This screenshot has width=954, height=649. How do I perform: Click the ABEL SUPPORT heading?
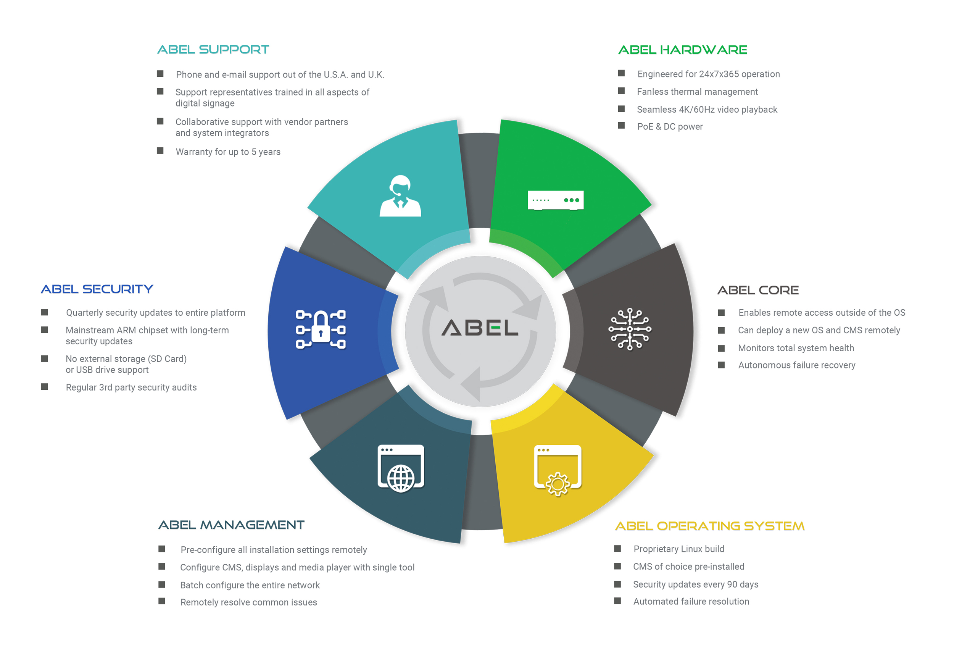point(213,50)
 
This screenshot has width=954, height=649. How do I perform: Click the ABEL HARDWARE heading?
point(682,50)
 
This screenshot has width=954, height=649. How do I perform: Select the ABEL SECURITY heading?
point(97,289)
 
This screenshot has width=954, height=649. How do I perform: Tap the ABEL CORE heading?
point(758,291)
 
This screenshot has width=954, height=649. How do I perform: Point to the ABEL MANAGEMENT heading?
point(232,525)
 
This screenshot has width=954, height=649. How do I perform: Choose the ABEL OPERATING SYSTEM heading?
point(710,526)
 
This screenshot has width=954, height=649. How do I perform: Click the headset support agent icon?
point(400,196)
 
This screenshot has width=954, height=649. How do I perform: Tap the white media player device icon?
point(555,200)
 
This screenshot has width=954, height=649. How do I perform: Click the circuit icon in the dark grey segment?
point(630,329)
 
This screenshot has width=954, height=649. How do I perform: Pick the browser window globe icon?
point(401,468)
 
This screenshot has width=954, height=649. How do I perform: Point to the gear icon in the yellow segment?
point(558,484)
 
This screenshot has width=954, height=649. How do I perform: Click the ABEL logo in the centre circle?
point(479,328)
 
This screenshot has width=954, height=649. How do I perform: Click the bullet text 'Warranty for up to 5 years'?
point(228,152)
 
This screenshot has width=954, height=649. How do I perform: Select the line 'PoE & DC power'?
point(670,126)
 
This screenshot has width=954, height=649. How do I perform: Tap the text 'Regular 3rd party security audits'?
point(131,387)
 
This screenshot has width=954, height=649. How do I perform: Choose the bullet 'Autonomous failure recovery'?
point(796,365)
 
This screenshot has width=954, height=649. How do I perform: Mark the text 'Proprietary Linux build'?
point(678,549)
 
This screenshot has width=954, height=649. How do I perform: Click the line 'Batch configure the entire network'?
point(250,585)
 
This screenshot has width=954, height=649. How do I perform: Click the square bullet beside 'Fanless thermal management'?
point(621,91)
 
